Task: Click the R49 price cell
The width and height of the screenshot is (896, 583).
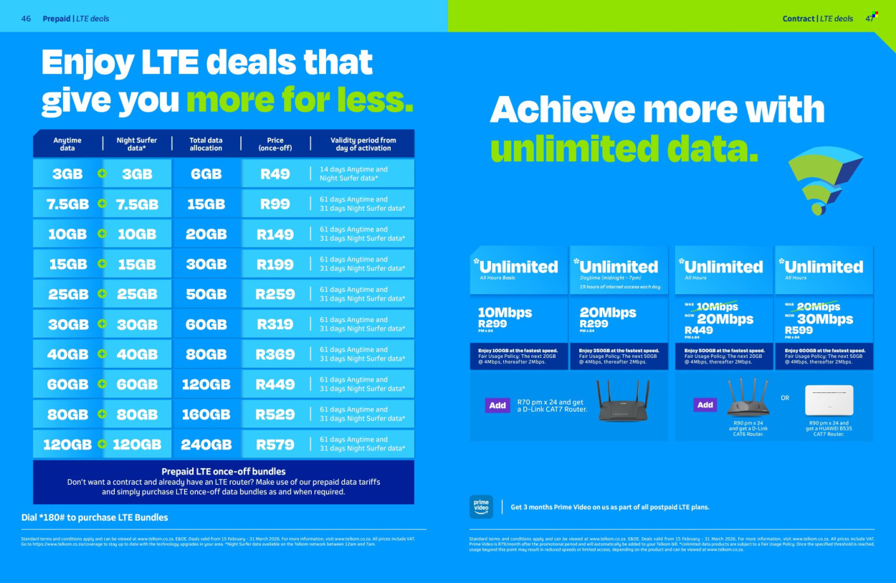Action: coord(275,174)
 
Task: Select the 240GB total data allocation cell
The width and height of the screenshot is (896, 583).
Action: coord(206,445)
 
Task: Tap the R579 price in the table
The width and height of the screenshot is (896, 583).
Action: coord(275,445)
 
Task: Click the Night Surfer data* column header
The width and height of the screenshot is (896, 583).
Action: coord(137,144)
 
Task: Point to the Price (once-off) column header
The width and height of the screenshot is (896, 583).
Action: coord(275,144)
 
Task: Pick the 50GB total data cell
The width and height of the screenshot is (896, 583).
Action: coord(206,294)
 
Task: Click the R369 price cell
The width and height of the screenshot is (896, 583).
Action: coord(275,354)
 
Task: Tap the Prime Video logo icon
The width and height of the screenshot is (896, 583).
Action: coord(481,506)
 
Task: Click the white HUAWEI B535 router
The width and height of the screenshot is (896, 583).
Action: coord(829,400)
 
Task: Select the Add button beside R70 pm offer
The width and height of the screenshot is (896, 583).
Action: coord(497,405)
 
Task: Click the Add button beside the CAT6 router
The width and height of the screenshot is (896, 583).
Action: coord(705,405)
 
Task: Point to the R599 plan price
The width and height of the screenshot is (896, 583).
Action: coord(799,331)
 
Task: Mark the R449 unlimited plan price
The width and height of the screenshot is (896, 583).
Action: coord(699,331)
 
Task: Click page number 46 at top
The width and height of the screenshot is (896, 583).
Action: coord(26,19)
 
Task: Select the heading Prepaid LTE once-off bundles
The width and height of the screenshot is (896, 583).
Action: coord(224,471)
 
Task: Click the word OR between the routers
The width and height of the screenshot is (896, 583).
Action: coord(785,398)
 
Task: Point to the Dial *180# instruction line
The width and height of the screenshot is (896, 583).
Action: coord(95,517)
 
